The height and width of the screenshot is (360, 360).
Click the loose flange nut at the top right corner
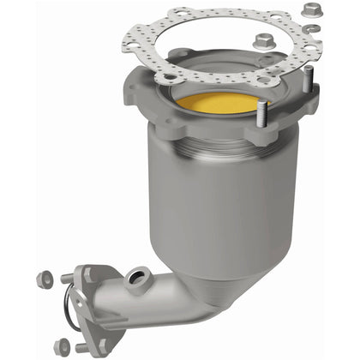310,11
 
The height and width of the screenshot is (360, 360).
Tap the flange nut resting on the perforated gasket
264,41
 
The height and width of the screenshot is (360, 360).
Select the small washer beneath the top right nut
315,28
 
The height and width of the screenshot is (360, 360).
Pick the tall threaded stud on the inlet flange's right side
306,83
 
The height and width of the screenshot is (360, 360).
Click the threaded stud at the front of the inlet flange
261,118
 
